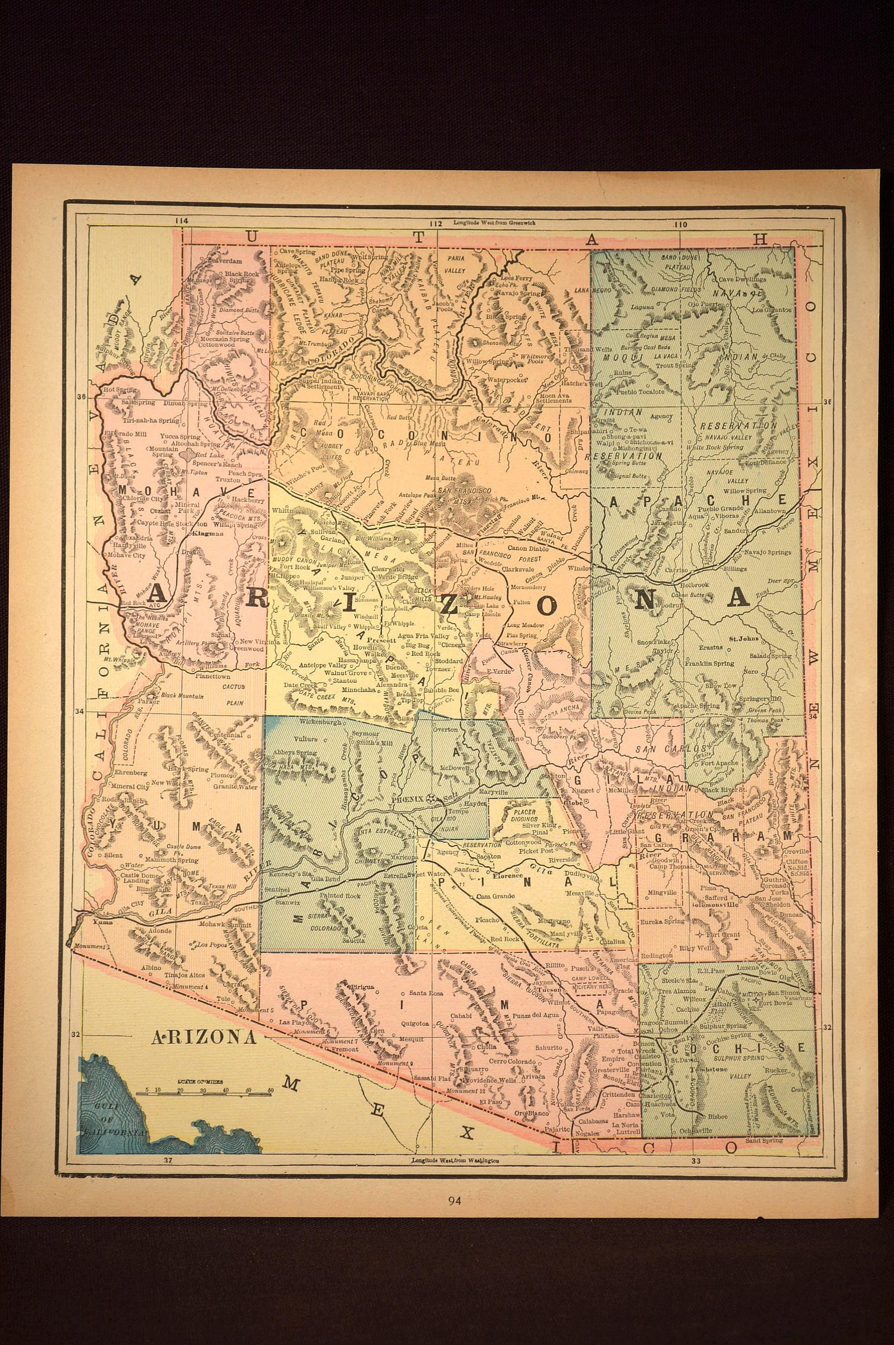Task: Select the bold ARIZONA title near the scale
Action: (x=203, y=1037)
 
